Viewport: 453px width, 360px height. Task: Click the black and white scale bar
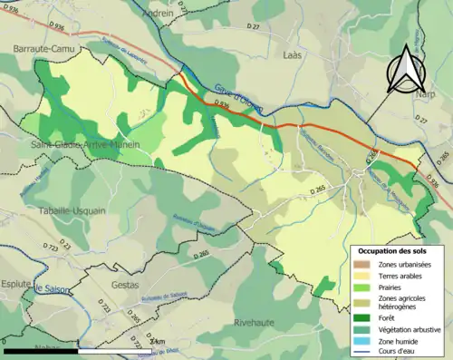point(77,350)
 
